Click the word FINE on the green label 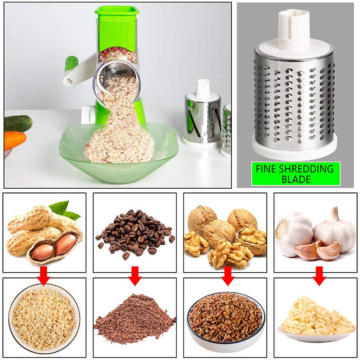click(x=267, y=169)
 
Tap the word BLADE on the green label click(x=296, y=180)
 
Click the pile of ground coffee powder click(x=135, y=319)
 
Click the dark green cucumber click(x=18, y=123)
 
